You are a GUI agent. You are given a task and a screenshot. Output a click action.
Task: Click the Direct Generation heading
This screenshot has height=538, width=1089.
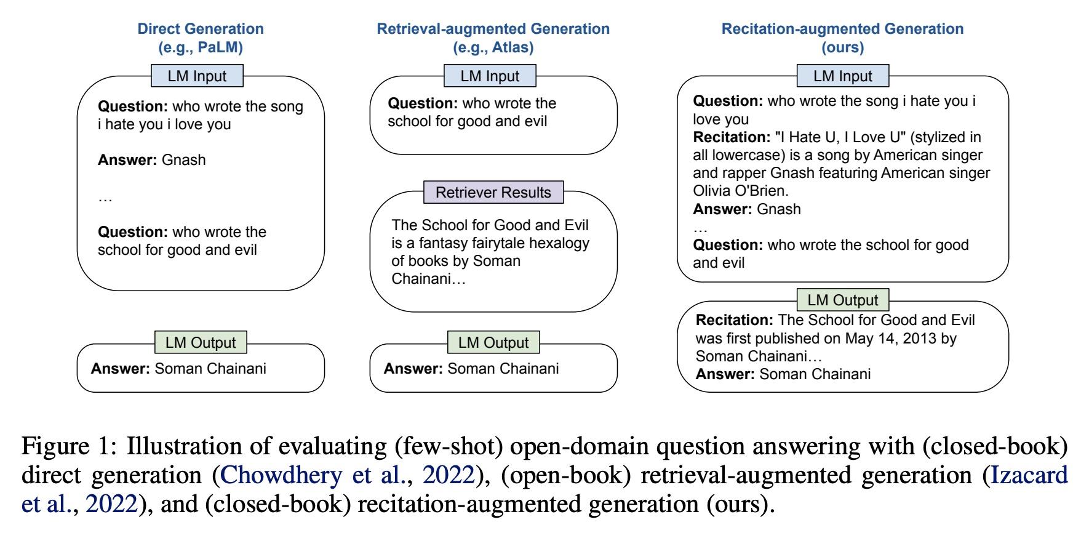201,38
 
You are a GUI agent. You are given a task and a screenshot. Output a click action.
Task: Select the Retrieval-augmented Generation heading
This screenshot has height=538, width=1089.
493,38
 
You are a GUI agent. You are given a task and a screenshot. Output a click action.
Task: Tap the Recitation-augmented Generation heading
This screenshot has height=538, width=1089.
842,38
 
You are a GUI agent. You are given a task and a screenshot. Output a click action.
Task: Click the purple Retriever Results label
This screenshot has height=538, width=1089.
493,192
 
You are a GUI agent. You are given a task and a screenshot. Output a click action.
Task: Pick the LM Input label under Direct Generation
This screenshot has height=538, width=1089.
197,76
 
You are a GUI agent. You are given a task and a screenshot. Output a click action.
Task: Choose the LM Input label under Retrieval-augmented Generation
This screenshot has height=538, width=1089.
490,76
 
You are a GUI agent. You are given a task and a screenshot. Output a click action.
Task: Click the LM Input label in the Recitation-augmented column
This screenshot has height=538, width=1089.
843,76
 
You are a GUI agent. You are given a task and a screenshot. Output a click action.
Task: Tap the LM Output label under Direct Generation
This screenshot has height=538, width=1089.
201,342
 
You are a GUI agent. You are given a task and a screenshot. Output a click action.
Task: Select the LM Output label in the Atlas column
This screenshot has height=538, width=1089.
493,342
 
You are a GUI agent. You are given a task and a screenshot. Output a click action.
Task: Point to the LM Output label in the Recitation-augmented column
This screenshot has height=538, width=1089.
843,300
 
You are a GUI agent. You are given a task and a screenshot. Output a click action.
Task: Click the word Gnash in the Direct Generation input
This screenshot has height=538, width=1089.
183,160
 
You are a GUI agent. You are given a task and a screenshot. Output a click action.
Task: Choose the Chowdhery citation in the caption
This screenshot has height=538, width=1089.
347,475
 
